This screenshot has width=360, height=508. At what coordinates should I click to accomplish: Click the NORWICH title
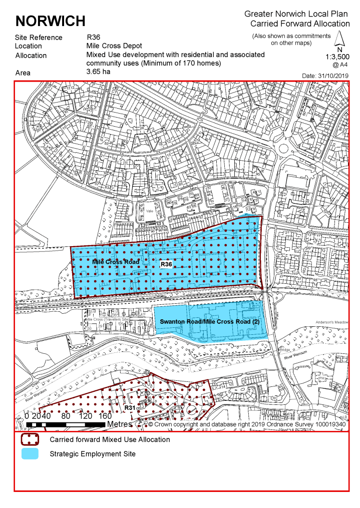coord(50,21)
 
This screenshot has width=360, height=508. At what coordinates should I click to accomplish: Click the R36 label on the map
coord(166,264)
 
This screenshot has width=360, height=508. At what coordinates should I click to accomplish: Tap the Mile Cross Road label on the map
coord(116,262)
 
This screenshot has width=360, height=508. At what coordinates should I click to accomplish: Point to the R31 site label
coord(130,408)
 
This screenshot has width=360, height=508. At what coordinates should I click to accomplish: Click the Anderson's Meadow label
coord(332,322)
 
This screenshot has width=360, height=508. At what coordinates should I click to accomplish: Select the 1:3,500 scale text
coord(338,57)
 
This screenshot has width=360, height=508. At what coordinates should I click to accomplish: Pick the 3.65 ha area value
coord(98,72)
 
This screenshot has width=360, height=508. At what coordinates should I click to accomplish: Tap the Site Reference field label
coord(39,38)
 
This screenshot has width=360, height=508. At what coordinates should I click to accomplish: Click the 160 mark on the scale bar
coord(105,415)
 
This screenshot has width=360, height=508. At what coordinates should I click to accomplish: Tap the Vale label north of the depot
coord(149,211)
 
